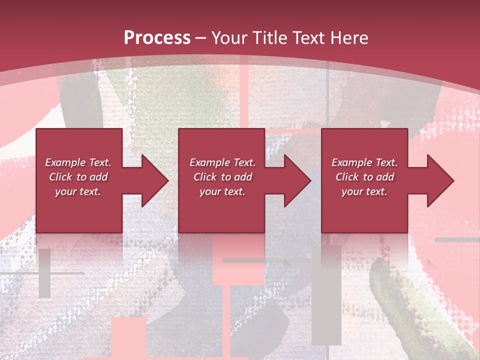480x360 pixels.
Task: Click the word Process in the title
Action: click(x=157, y=38)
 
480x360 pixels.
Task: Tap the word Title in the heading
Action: click(x=268, y=38)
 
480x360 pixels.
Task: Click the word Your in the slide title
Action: click(x=230, y=38)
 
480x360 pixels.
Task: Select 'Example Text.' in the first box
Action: click(x=78, y=162)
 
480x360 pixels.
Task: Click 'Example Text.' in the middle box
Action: click(x=222, y=162)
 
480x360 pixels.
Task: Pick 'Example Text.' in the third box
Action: click(x=364, y=162)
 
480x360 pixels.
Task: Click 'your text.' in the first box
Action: click(x=78, y=191)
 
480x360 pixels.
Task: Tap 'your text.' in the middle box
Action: click(x=222, y=191)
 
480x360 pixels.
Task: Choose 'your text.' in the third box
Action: click(x=364, y=191)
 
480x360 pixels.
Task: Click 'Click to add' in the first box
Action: click(x=78, y=177)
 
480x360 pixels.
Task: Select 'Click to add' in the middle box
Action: click(x=222, y=177)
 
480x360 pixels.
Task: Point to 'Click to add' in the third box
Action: click(x=365, y=177)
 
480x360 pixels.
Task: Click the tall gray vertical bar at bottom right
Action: click(x=326, y=295)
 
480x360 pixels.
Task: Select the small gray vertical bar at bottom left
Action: click(x=44, y=273)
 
